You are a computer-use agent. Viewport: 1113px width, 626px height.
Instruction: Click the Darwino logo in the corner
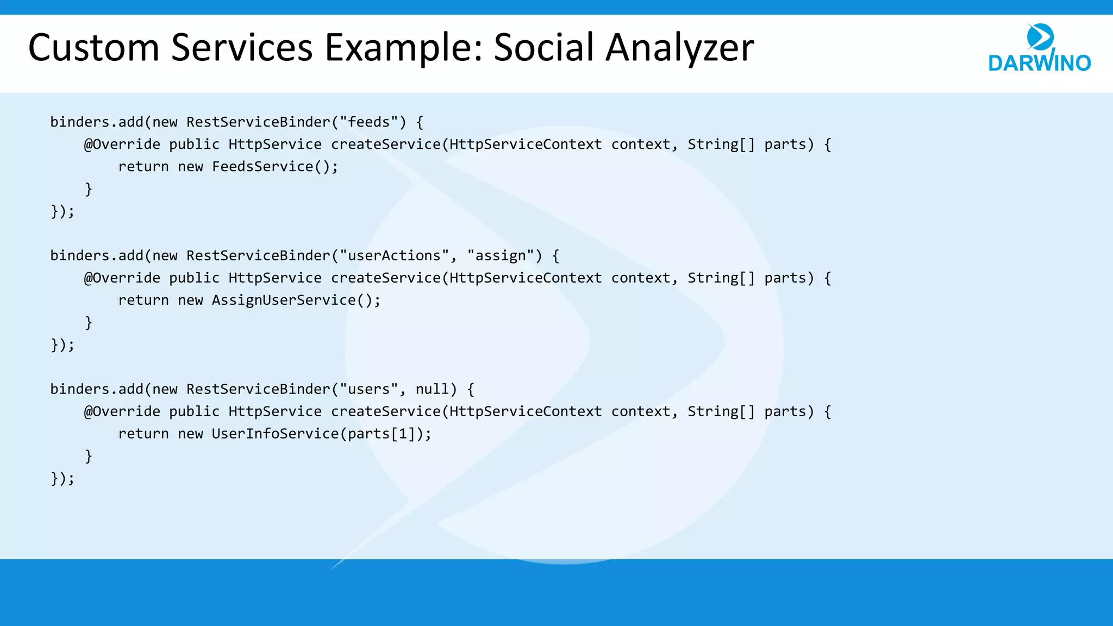[x=1039, y=48]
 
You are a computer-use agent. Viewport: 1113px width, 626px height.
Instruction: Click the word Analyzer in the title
[x=679, y=48]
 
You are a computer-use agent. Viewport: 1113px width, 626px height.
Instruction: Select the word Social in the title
[x=544, y=48]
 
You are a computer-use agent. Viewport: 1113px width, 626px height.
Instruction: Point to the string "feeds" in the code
[x=369, y=122]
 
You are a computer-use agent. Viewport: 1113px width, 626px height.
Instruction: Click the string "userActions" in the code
[x=394, y=256]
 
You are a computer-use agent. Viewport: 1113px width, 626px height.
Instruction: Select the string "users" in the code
[x=369, y=390]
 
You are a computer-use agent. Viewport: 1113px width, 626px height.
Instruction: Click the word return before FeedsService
[x=143, y=167]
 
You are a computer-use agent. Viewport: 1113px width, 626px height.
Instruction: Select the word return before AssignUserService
[x=143, y=301]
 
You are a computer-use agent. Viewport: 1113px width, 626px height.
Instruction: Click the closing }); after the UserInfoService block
[x=62, y=479]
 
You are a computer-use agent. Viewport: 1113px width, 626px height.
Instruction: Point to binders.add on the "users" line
[x=97, y=390]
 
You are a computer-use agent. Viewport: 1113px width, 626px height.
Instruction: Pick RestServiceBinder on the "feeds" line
[x=258, y=122]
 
